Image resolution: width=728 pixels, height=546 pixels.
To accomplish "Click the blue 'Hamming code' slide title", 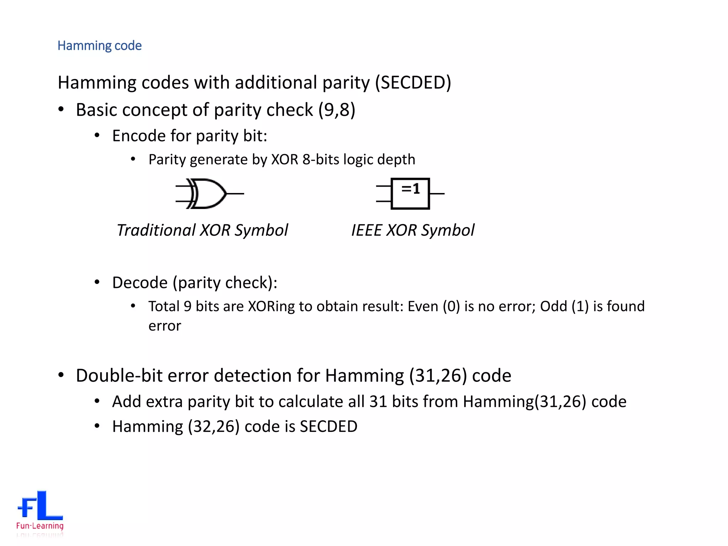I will point(100,46).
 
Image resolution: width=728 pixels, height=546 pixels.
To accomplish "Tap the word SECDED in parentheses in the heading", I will point(413,83).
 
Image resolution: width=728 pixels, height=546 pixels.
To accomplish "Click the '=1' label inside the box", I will point(411,188).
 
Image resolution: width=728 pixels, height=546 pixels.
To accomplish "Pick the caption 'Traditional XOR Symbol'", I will point(202,230).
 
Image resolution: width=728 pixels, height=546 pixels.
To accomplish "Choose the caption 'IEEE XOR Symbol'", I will point(413,230).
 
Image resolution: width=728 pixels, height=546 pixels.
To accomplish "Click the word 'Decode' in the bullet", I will point(140,283).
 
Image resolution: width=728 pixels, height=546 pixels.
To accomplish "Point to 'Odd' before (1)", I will point(553,306).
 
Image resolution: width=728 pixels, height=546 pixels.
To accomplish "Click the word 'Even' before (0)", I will point(423,306).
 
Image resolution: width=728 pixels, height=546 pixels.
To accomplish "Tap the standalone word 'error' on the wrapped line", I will point(165,326).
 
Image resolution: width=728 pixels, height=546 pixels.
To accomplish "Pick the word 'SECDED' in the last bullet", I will point(328,427).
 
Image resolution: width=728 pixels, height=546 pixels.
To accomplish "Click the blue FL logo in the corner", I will point(40,505).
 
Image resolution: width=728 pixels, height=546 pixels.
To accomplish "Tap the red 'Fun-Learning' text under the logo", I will point(40,526).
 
